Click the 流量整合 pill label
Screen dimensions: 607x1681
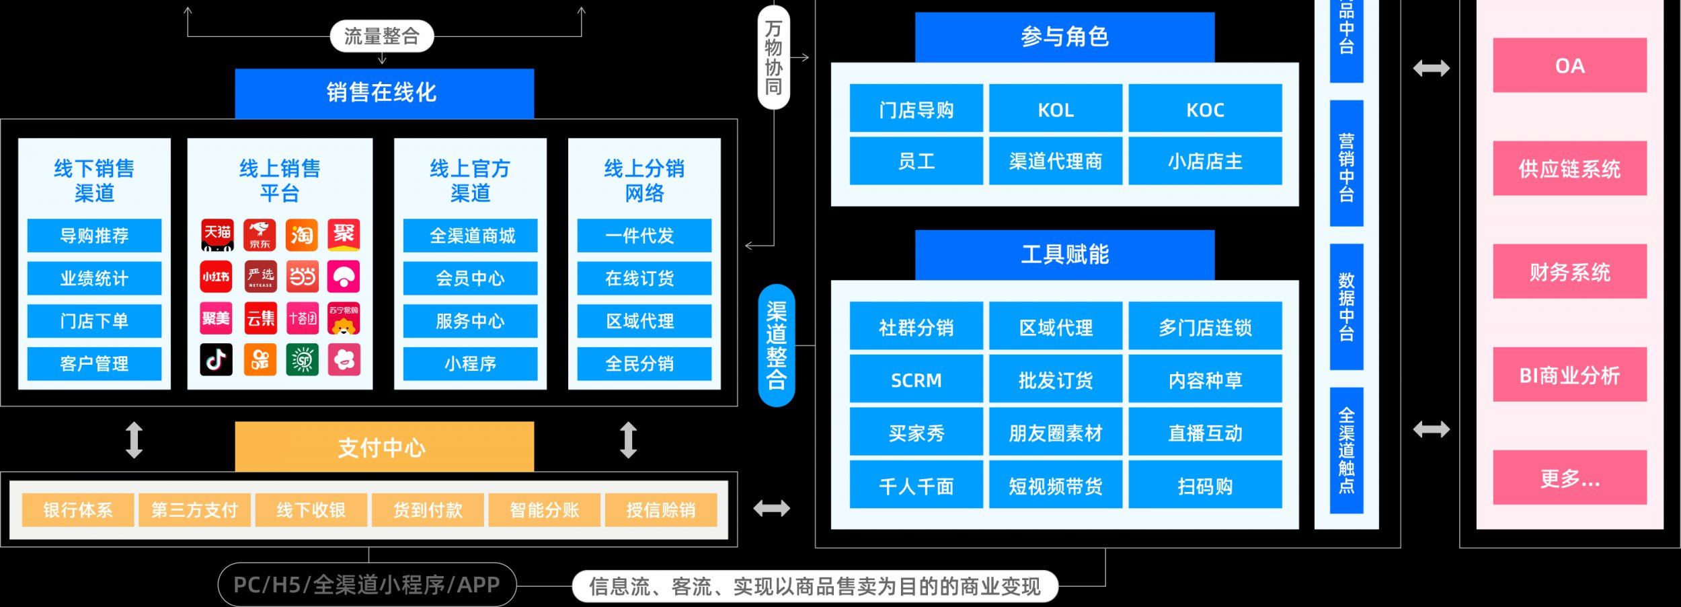click(381, 36)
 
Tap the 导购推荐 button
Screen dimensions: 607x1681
click(94, 236)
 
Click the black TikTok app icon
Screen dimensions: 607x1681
click(217, 359)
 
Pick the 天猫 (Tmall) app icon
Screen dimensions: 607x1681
click(217, 235)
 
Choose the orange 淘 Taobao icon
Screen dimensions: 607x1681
click(302, 235)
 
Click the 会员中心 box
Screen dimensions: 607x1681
click(470, 278)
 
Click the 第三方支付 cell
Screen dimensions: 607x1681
click(194, 510)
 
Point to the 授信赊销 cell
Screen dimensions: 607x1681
click(660, 510)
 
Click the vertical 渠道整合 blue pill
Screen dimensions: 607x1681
click(776, 345)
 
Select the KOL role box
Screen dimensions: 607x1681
click(1055, 109)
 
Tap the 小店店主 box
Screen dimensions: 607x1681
click(1204, 162)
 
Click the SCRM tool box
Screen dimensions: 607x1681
click(916, 380)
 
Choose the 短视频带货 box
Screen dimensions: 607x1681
click(1055, 485)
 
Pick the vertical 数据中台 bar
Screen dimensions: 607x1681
click(1346, 307)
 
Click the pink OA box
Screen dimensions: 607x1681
click(1569, 66)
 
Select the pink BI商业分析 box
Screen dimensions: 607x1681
click(1569, 375)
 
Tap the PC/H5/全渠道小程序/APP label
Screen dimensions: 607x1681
click(366, 584)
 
